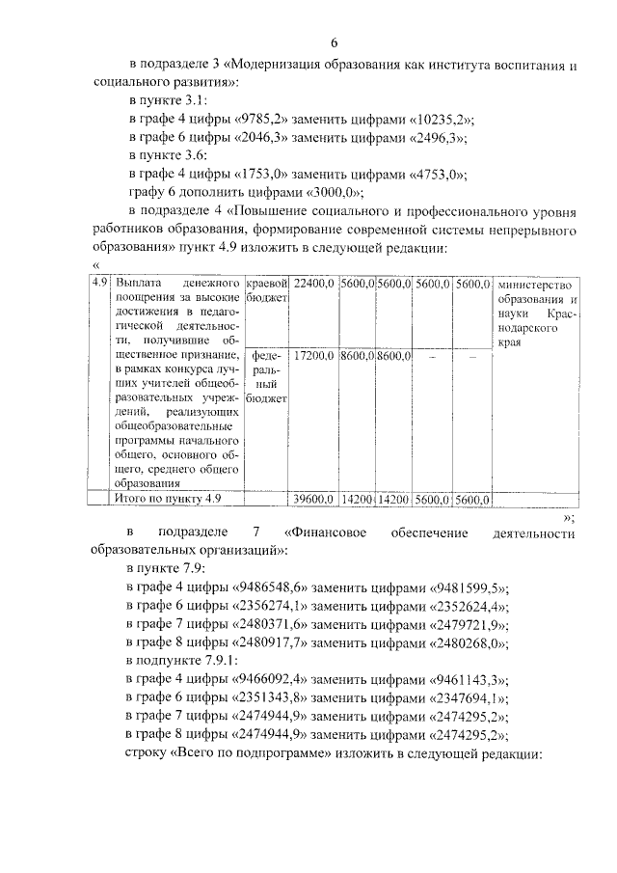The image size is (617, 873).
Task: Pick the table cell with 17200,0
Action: pyautogui.click(x=313, y=356)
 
